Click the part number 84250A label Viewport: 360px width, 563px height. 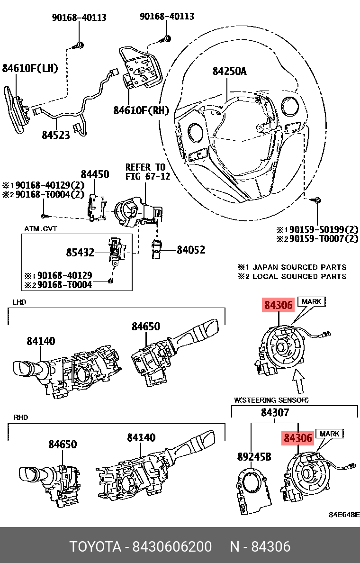(x=229, y=71)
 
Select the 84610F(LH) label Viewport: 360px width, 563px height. (x=30, y=68)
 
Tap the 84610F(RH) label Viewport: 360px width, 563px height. (x=141, y=110)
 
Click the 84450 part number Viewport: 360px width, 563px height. (x=95, y=174)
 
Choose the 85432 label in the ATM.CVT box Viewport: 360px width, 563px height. (x=80, y=253)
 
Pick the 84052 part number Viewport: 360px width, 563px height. (x=191, y=249)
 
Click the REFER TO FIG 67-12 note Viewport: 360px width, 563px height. (x=145, y=172)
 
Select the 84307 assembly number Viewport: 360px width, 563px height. (x=275, y=413)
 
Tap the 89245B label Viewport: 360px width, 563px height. (x=254, y=457)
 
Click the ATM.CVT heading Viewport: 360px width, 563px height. (x=41, y=229)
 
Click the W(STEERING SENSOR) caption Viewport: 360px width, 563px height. (x=271, y=400)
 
